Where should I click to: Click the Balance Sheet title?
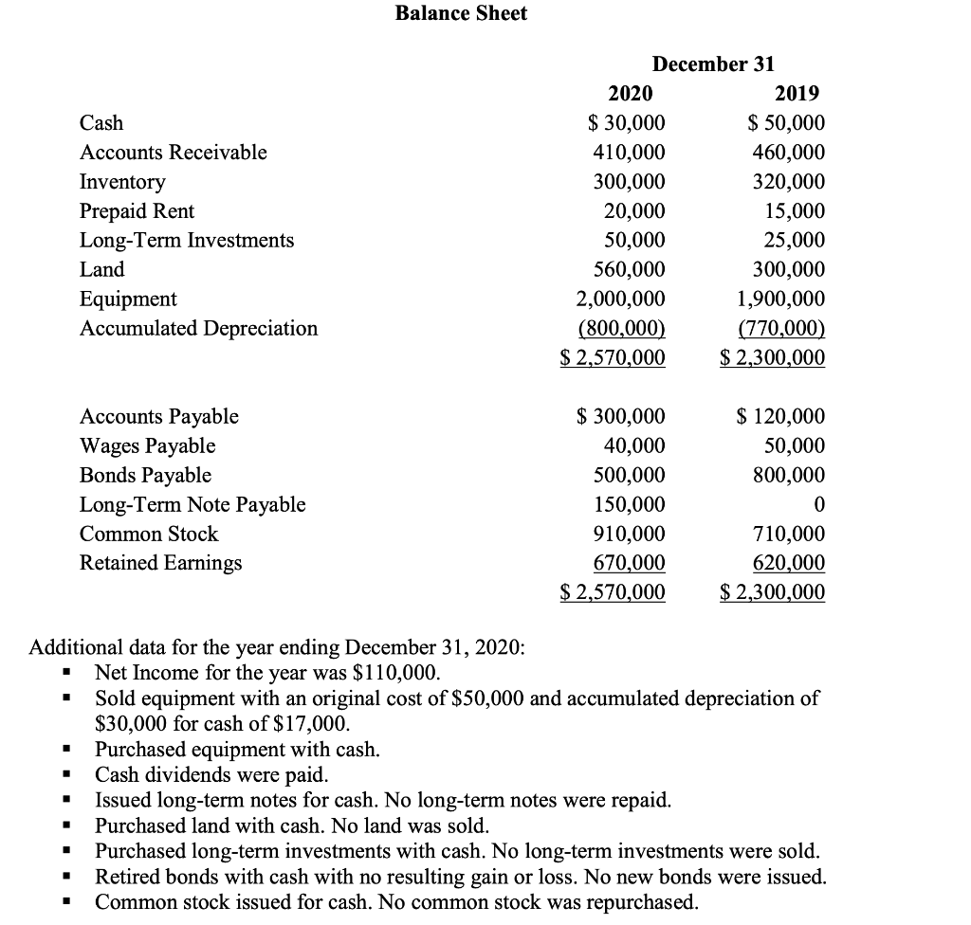tap(461, 13)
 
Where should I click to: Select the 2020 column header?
tap(630, 93)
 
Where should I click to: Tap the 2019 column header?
tap(797, 93)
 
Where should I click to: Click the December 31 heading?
tap(713, 63)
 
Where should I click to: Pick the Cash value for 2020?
tap(626, 123)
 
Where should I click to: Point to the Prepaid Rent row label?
tap(137, 211)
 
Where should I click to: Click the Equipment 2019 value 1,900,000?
tap(780, 299)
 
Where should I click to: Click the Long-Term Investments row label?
tap(187, 241)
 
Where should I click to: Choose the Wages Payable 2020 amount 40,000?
tap(635, 445)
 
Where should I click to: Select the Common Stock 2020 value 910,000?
tap(629, 534)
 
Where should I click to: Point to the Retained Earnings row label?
tap(160, 563)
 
